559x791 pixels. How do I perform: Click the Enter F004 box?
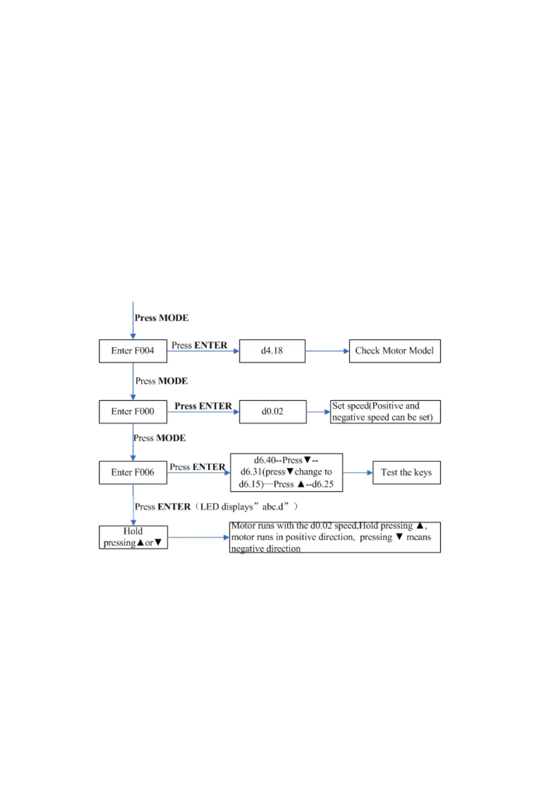pos(133,351)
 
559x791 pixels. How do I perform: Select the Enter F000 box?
pos(133,411)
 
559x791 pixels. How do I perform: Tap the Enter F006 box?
pos(133,473)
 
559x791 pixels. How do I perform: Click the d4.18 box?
pos(272,351)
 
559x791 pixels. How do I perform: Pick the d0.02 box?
pos(273,411)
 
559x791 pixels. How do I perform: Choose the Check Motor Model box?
pos(395,351)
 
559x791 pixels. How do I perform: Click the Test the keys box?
pos(406,473)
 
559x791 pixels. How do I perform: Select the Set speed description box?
pos(385,411)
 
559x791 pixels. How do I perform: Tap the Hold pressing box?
pos(133,537)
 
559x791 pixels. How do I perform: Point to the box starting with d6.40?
pos(286,473)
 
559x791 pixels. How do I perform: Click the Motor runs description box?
pos(335,537)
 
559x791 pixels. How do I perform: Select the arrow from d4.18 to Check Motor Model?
pos(327,351)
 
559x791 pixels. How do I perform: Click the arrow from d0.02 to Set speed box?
pos(318,412)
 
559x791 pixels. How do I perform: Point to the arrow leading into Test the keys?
pos(358,473)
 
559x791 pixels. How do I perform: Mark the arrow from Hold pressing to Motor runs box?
pos(198,537)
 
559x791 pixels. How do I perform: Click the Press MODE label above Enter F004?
pos(161,318)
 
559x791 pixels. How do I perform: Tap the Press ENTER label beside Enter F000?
pos(203,406)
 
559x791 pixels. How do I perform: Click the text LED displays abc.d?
pos(249,507)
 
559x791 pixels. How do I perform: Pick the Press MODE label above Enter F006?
pos(160,438)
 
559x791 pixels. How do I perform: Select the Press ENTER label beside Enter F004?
pos(199,345)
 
